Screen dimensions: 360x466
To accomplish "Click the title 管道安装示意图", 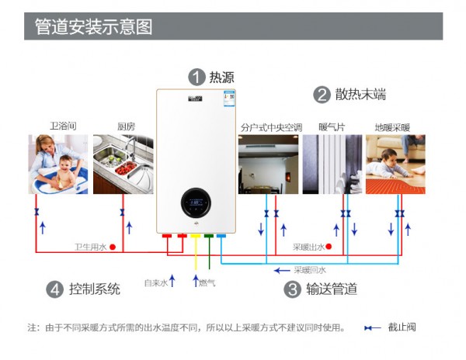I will (x=93, y=26).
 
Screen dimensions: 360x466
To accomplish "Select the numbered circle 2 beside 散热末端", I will (x=322, y=95).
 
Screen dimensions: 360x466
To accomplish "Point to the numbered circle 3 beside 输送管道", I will (x=293, y=289).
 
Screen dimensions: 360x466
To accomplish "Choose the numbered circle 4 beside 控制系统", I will (x=54, y=289).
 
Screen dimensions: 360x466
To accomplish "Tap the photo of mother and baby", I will (x=58, y=164).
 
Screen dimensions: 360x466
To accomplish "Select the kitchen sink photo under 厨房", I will (x=123, y=164).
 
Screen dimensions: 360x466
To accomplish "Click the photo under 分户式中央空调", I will (x=268, y=164).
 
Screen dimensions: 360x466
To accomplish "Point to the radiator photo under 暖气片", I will (x=332, y=164).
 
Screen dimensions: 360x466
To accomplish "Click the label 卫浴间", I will (x=63, y=126).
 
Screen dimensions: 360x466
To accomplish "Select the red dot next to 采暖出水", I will (x=330, y=247).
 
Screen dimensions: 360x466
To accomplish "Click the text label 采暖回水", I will (x=310, y=270).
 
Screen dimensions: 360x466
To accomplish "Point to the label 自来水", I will (x=155, y=282).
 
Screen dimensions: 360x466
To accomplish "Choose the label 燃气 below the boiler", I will (x=207, y=282).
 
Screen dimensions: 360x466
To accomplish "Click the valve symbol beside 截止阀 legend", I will (x=373, y=327).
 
